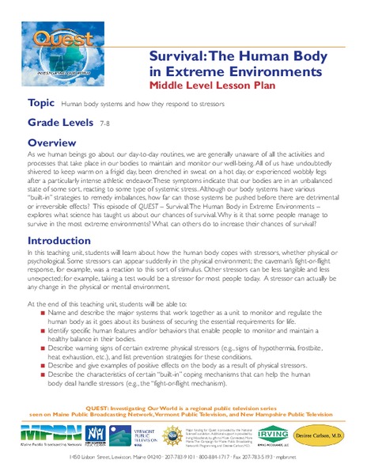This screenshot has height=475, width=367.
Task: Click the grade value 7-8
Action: point(105,125)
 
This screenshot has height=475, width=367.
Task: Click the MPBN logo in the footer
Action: point(44,436)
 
